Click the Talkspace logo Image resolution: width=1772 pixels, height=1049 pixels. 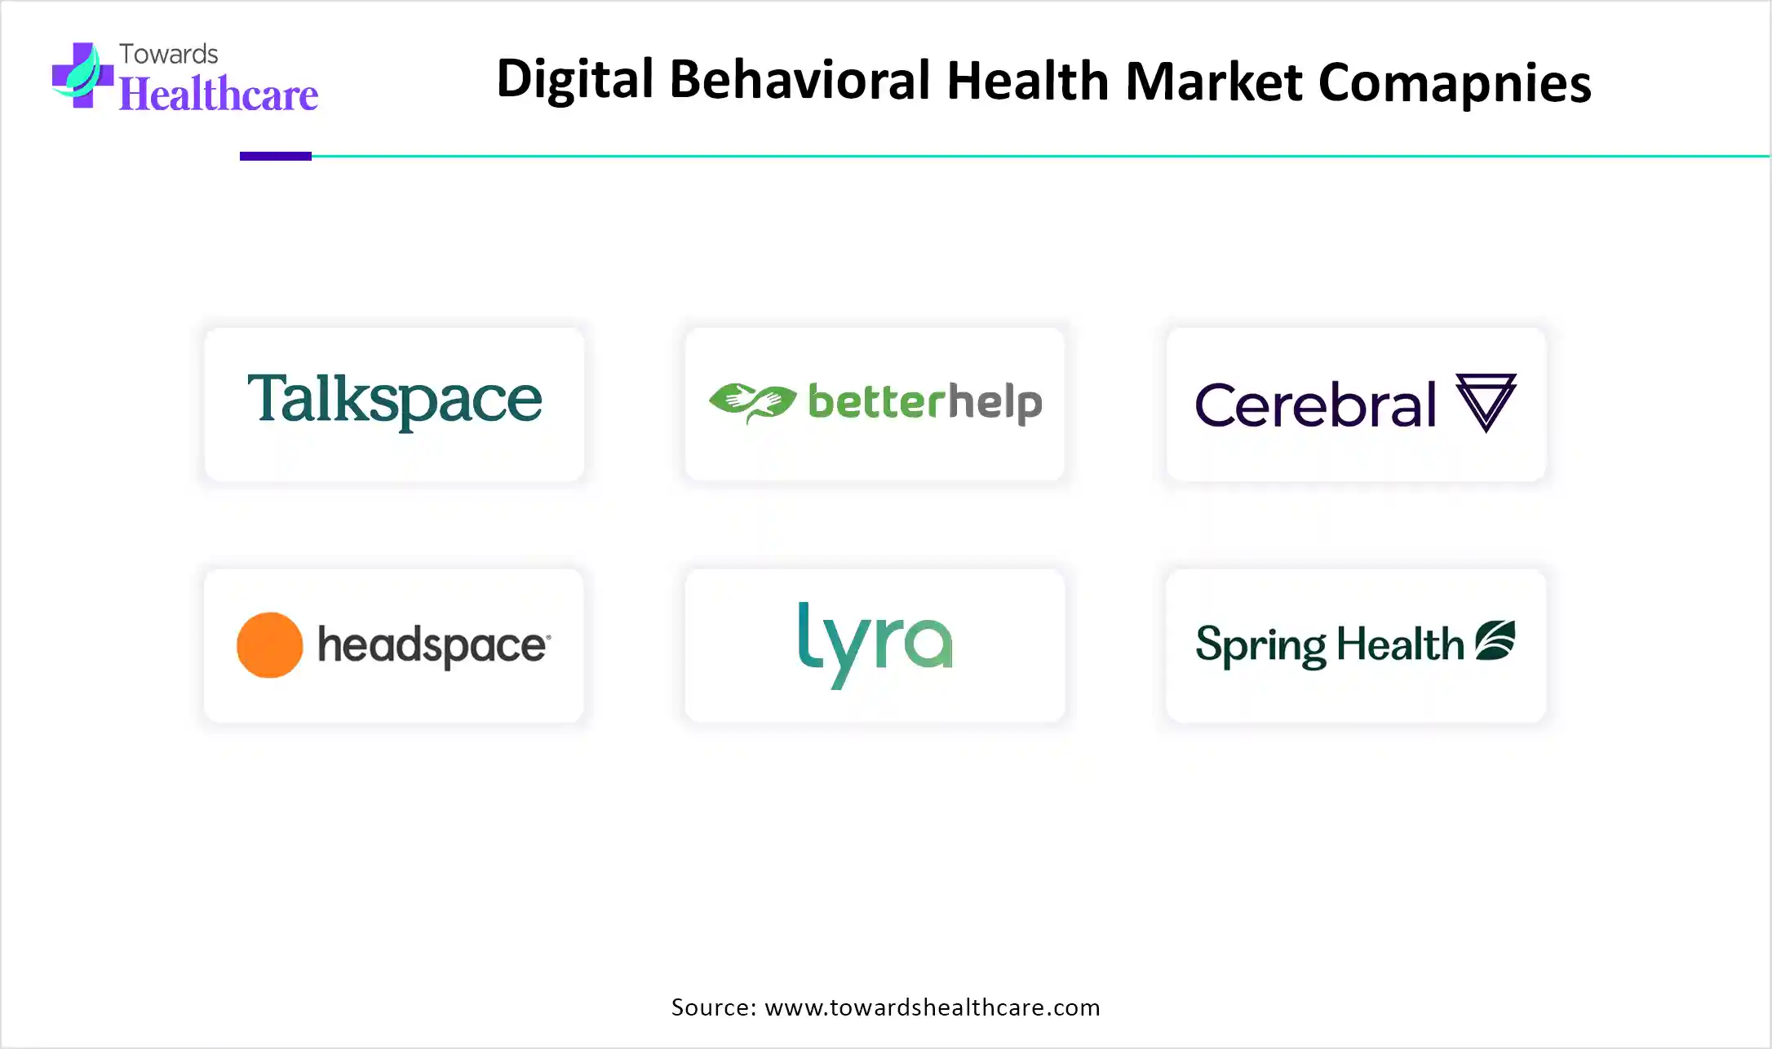[395, 400]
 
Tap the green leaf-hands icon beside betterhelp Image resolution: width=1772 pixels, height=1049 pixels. [752, 402]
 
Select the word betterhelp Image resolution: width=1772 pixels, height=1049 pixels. [925, 403]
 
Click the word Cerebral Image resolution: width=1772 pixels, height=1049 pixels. [1315, 405]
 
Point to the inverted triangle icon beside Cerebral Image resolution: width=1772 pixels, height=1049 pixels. [1486, 401]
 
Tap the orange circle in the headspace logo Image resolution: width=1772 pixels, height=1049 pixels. [270, 645]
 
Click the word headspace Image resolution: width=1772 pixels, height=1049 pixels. [433, 646]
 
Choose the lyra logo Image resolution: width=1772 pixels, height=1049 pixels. [875, 644]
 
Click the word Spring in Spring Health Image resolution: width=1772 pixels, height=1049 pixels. [1261, 646]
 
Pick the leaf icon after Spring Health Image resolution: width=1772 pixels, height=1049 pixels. [1495, 640]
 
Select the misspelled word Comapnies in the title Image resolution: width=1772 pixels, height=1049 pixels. [1455, 83]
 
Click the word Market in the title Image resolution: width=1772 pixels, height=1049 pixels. [1214, 81]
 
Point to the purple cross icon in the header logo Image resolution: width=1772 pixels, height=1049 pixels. [82, 75]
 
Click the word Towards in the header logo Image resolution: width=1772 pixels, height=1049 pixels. [169, 54]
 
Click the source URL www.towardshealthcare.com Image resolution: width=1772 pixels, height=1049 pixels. [933, 1007]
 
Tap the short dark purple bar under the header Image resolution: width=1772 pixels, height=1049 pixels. [276, 156]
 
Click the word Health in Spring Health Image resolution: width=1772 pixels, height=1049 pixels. [1401, 644]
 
